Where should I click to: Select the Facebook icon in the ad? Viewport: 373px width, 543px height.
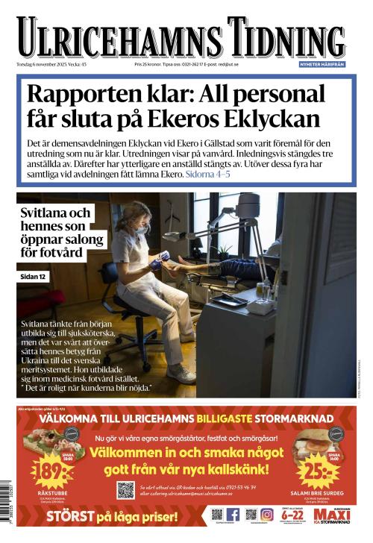(233, 515)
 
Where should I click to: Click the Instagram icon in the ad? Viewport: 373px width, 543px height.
(266, 515)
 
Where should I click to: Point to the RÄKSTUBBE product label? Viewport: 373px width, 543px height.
(51, 495)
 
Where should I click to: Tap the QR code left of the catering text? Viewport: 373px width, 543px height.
(125, 490)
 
